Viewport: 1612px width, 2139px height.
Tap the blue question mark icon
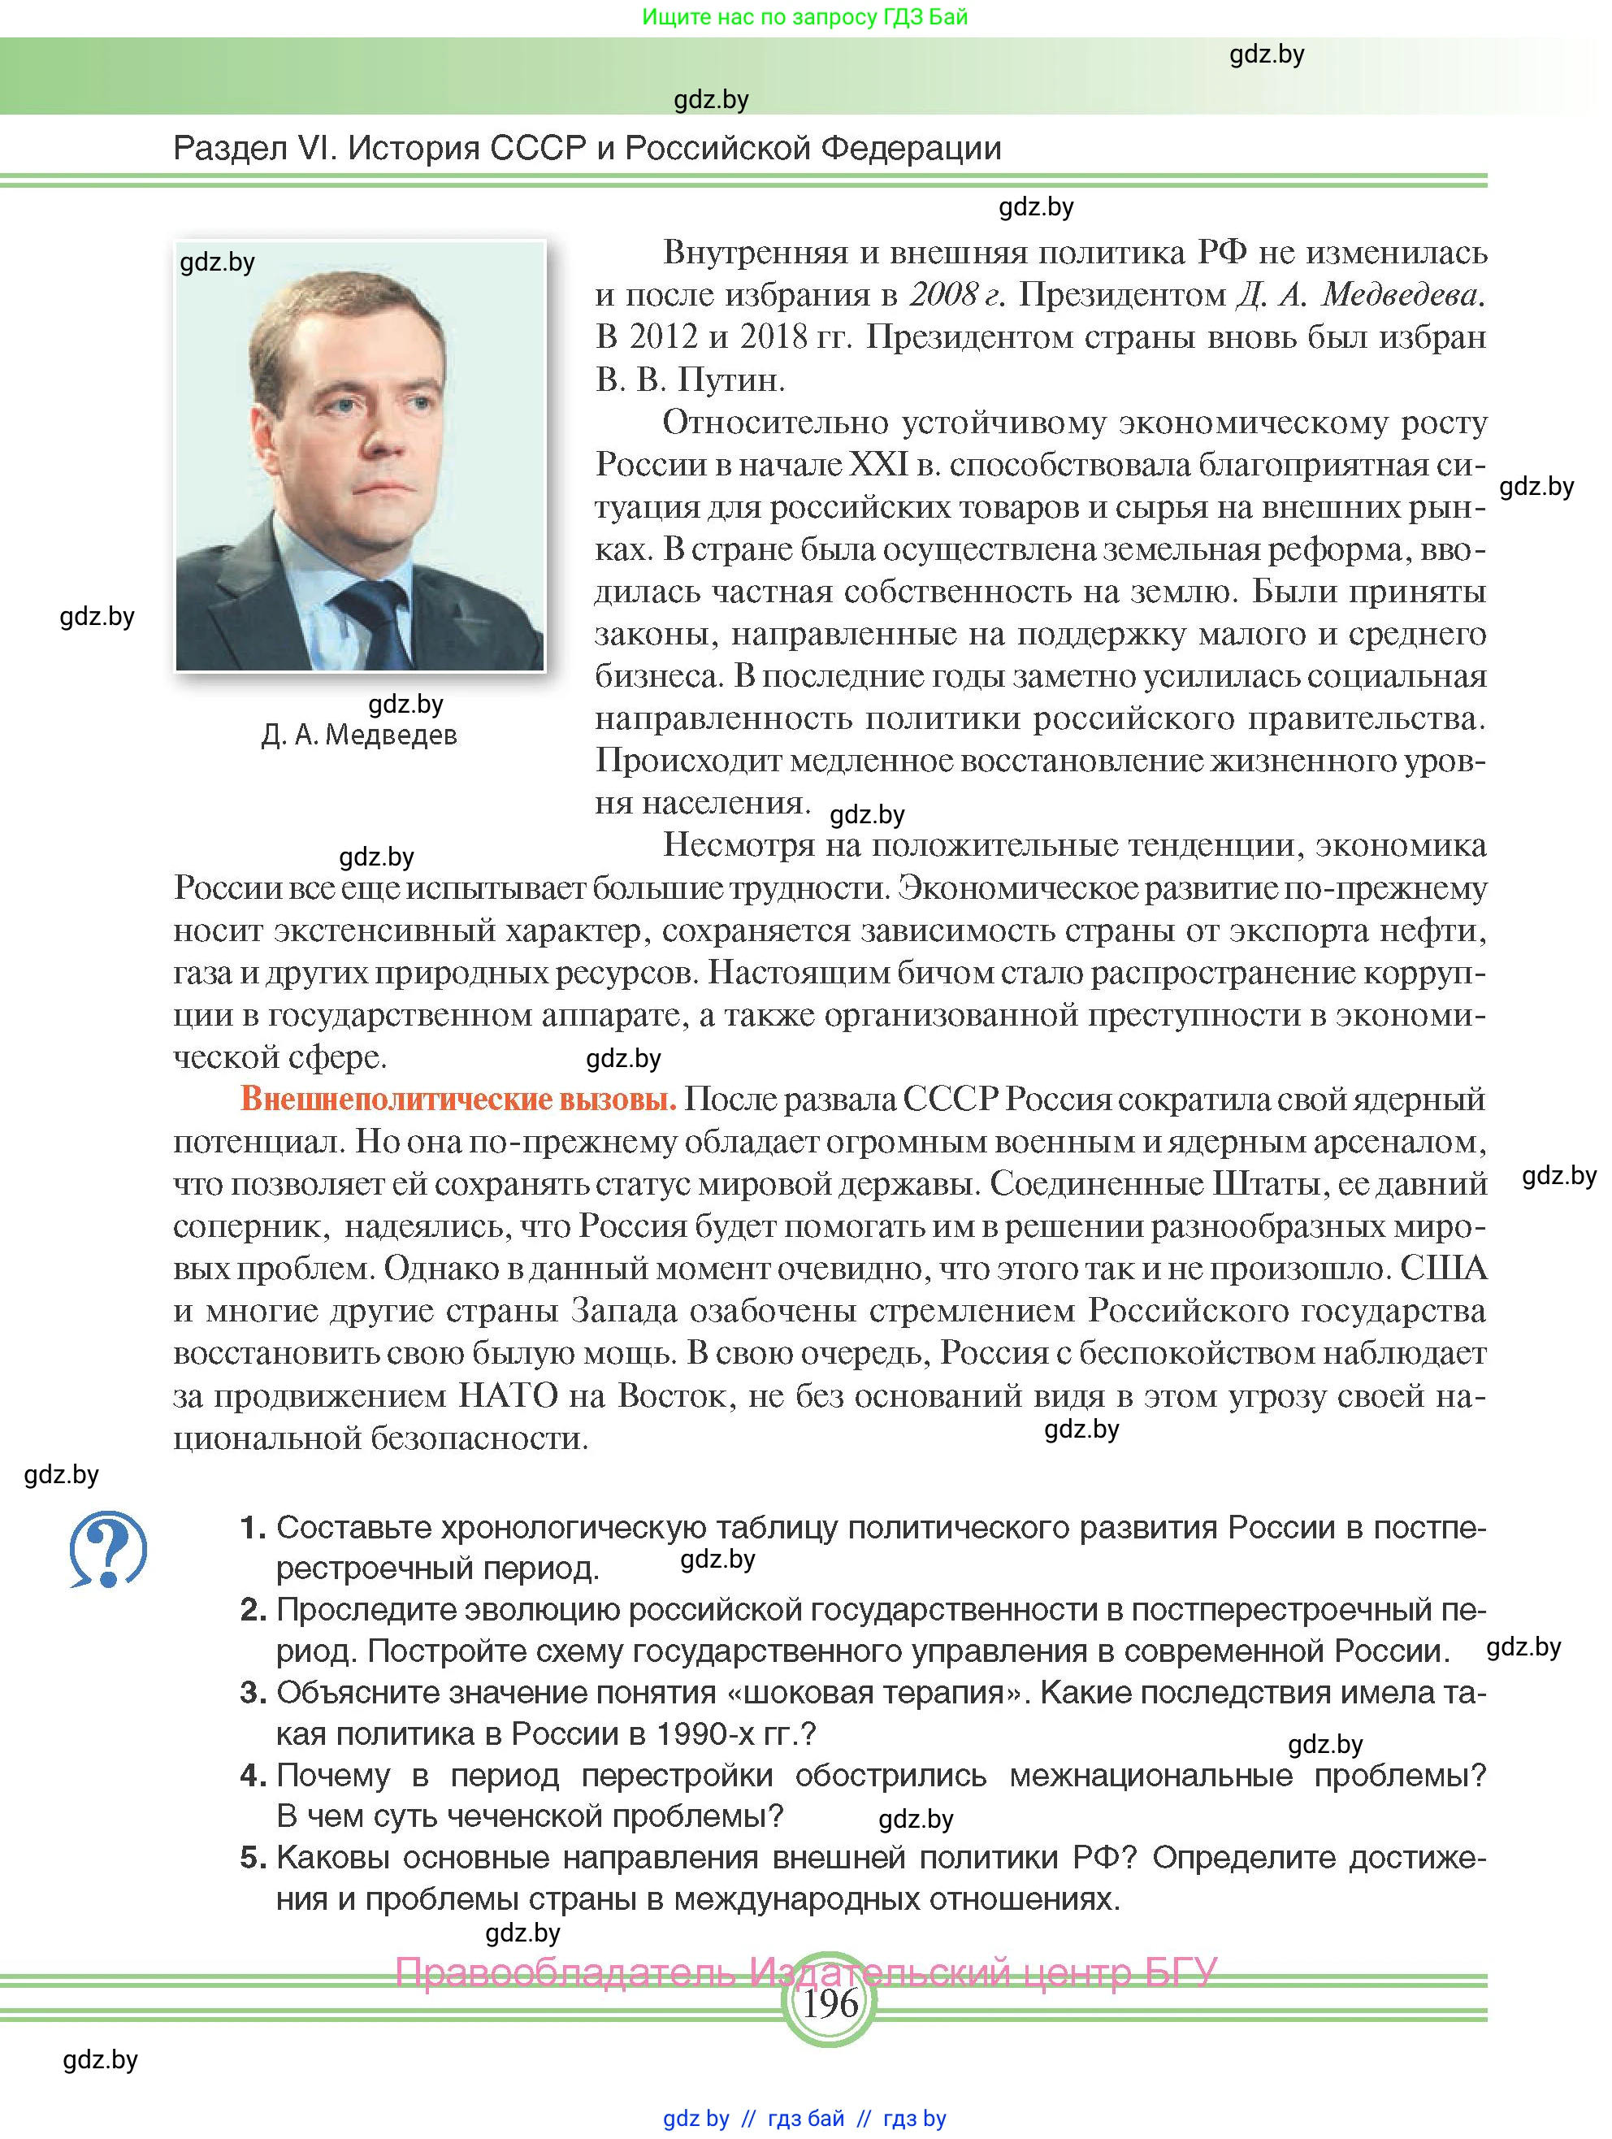(x=107, y=1548)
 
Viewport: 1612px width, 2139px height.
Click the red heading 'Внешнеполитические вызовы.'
(x=458, y=1100)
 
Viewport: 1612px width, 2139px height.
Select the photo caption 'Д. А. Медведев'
(x=359, y=735)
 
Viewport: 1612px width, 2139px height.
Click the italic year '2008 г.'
(x=956, y=295)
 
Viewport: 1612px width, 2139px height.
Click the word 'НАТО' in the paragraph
(x=508, y=1395)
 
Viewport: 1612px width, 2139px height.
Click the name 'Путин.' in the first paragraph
(x=731, y=380)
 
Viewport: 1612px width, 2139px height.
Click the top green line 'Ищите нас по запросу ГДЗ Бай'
(x=804, y=17)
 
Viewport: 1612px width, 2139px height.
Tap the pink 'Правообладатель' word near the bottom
(x=565, y=1972)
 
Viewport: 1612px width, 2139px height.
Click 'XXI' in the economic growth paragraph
(x=878, y=465)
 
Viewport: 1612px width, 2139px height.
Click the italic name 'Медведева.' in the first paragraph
(x=1402, y=295)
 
